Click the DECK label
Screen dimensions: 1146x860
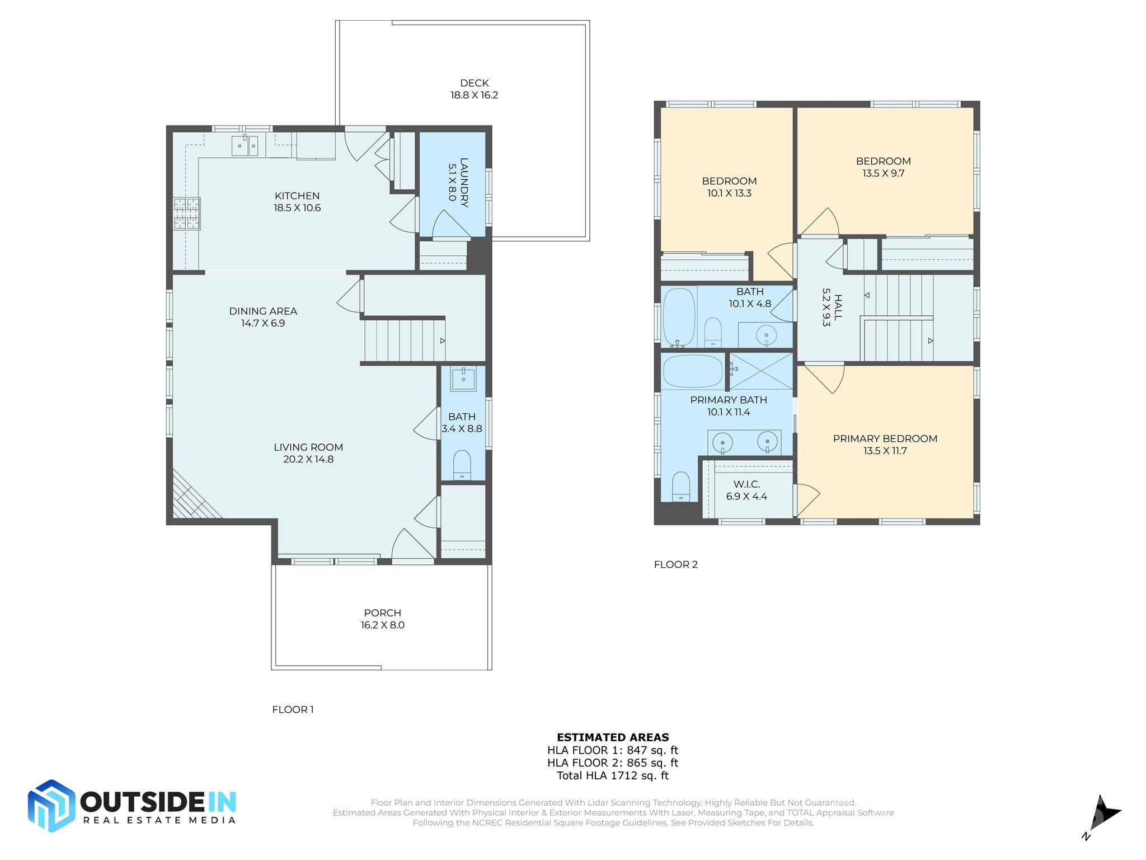(475, 83)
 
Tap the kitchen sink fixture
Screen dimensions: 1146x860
(245, 146)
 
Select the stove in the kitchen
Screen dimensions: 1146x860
(187, 213)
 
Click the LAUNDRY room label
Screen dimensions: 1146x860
(464, 183)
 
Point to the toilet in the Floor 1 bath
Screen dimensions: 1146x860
(462, 465)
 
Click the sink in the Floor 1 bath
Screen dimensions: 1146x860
(463, 379)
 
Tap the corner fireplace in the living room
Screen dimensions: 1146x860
(193, 496)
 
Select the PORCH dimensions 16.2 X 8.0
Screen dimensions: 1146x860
(383, 625)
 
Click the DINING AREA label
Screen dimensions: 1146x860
(263, 311)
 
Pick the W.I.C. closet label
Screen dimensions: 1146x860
(747, 484)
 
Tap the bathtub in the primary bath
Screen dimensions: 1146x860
(693, 371)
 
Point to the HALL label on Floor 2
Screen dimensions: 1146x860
(838, 307)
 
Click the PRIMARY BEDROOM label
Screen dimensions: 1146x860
(885, 438)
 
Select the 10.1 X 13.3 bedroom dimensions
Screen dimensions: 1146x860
(729, 193)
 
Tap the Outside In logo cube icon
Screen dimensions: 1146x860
(51, 806)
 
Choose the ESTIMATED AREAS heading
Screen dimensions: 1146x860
(613, 737)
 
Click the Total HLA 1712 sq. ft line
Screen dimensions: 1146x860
(613, 775)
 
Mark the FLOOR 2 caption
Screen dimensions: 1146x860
(676, 564)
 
